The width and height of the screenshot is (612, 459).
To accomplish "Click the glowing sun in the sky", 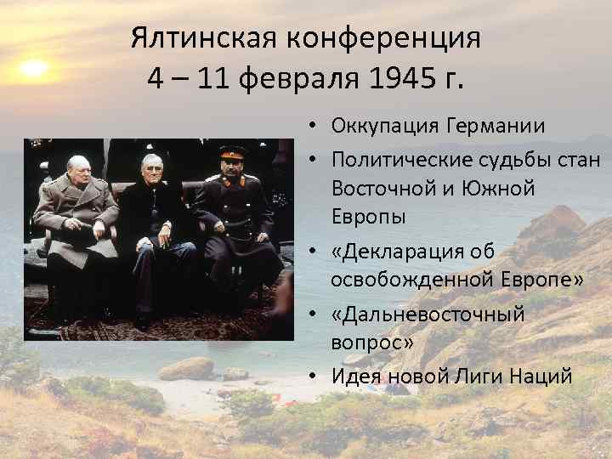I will tap(33, 68).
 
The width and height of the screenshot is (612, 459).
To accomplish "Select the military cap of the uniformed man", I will tap(232, 153).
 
